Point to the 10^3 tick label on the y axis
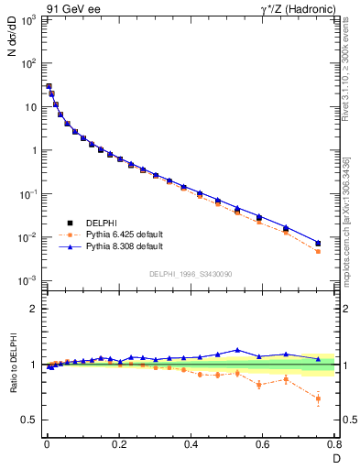(27, 20)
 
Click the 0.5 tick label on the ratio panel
(29, 420)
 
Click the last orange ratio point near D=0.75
(318, 398)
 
